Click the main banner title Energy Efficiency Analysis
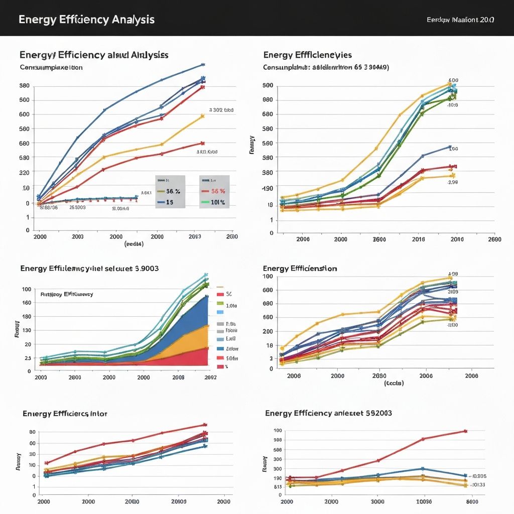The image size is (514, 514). tap(86, 20)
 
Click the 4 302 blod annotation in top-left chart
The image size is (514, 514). tap(221, 110)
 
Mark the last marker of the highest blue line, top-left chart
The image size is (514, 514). tap(203, 65)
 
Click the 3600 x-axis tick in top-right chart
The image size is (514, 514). tap(379, 239)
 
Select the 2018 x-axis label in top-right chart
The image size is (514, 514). tap(418, 239)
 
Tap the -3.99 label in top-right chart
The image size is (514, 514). tap(452, 183)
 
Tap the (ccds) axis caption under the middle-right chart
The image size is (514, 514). tap(394, 383)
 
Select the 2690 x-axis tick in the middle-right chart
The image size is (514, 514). tap(379, 375)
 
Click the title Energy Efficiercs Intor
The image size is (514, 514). tap(65, 414)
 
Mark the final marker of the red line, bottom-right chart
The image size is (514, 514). tap(465, 431)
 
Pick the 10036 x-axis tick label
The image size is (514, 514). tap(424, 501)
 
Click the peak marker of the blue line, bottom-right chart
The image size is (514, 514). tap(423, 469)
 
